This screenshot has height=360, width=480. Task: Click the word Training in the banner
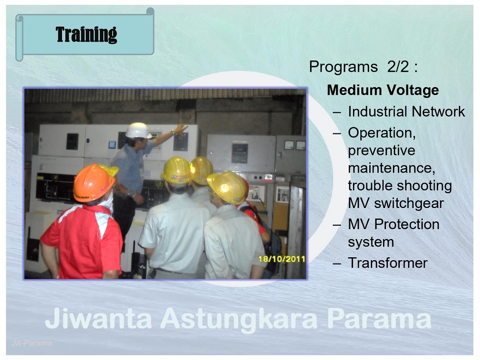(86, 34)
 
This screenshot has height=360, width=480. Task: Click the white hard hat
(138, 131)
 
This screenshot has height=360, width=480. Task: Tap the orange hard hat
(94, 183)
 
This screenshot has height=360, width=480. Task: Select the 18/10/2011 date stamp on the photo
(282, 259)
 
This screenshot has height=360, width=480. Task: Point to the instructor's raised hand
(181, 130)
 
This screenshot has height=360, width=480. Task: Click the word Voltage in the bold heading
(413, 90)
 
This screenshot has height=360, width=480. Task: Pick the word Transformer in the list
(387, 263)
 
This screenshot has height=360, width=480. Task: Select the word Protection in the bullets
(407, 224)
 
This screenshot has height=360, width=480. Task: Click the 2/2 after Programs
(398, 67)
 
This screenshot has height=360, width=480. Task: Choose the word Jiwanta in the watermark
(98, 318)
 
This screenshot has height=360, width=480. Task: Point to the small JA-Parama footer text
(32, 343)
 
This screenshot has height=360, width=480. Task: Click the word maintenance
(391, 168)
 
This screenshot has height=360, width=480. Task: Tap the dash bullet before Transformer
(337, 264)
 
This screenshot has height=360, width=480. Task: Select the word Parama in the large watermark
(379, 318)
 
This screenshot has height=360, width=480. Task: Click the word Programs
(343, 67)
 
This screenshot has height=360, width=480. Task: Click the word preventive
(382, 150)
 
